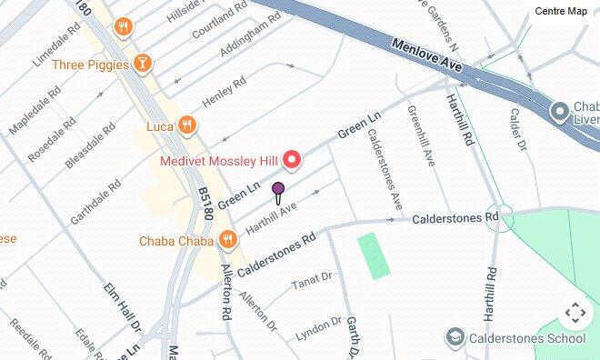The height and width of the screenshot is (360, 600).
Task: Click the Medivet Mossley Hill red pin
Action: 292,161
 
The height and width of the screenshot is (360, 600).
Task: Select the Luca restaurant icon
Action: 187,125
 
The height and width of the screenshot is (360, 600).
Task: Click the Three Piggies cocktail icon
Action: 142,64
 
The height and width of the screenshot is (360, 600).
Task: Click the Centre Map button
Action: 561,11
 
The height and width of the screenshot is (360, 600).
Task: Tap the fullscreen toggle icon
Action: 575,315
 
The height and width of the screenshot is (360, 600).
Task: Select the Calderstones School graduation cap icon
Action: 455,338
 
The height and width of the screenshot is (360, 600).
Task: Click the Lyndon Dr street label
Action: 317,329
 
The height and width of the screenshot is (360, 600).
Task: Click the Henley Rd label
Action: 224,92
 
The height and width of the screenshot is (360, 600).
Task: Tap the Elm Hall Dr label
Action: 124,307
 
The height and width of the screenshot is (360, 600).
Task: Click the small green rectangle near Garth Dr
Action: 373,255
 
